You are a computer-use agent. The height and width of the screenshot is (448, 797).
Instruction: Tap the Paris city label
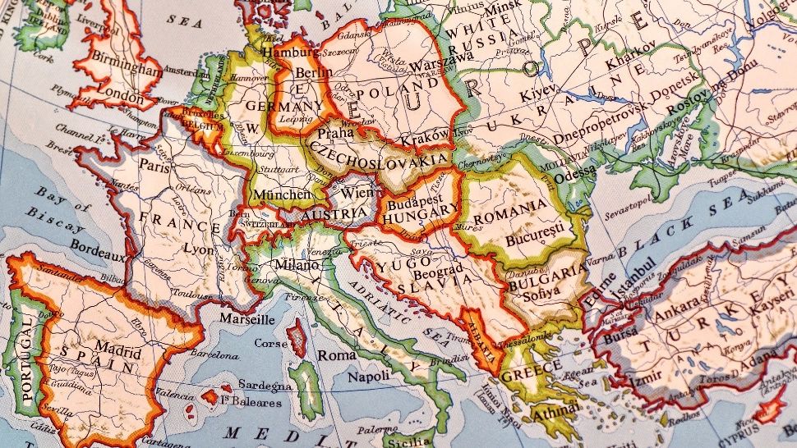click(156, 164)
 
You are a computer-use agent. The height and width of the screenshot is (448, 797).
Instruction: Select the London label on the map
click(120, 96)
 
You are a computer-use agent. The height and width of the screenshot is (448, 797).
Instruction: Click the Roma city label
click(337, 354)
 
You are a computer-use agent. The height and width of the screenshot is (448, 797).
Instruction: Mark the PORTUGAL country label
click(29, 361)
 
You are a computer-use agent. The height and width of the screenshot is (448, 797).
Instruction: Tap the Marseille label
click(247, 318)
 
